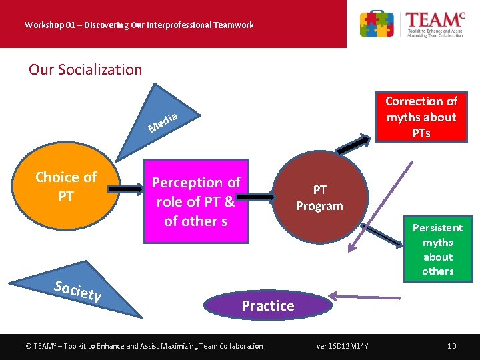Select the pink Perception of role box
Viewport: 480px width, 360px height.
pyautogui.click(x=196, y=201)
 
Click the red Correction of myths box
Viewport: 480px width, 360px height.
pyautogui.click(x=421, y=117)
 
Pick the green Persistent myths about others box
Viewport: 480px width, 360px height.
pyautogui.click(x=437, y=249)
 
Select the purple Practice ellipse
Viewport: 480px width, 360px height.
pyautogui.click(x=267, y=306)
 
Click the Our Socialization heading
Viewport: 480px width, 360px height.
pyautogui.click(x=85, y=69)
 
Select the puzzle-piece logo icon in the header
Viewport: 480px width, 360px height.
pyautogui.click(x=377, y=24)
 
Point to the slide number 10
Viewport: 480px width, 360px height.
pyautogui.click(x=451, y=345)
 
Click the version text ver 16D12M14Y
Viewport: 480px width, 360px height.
pyautogui.click(x=347, y=345)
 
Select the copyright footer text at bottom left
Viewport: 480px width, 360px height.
pyautogui.click(x=143, y=345)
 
